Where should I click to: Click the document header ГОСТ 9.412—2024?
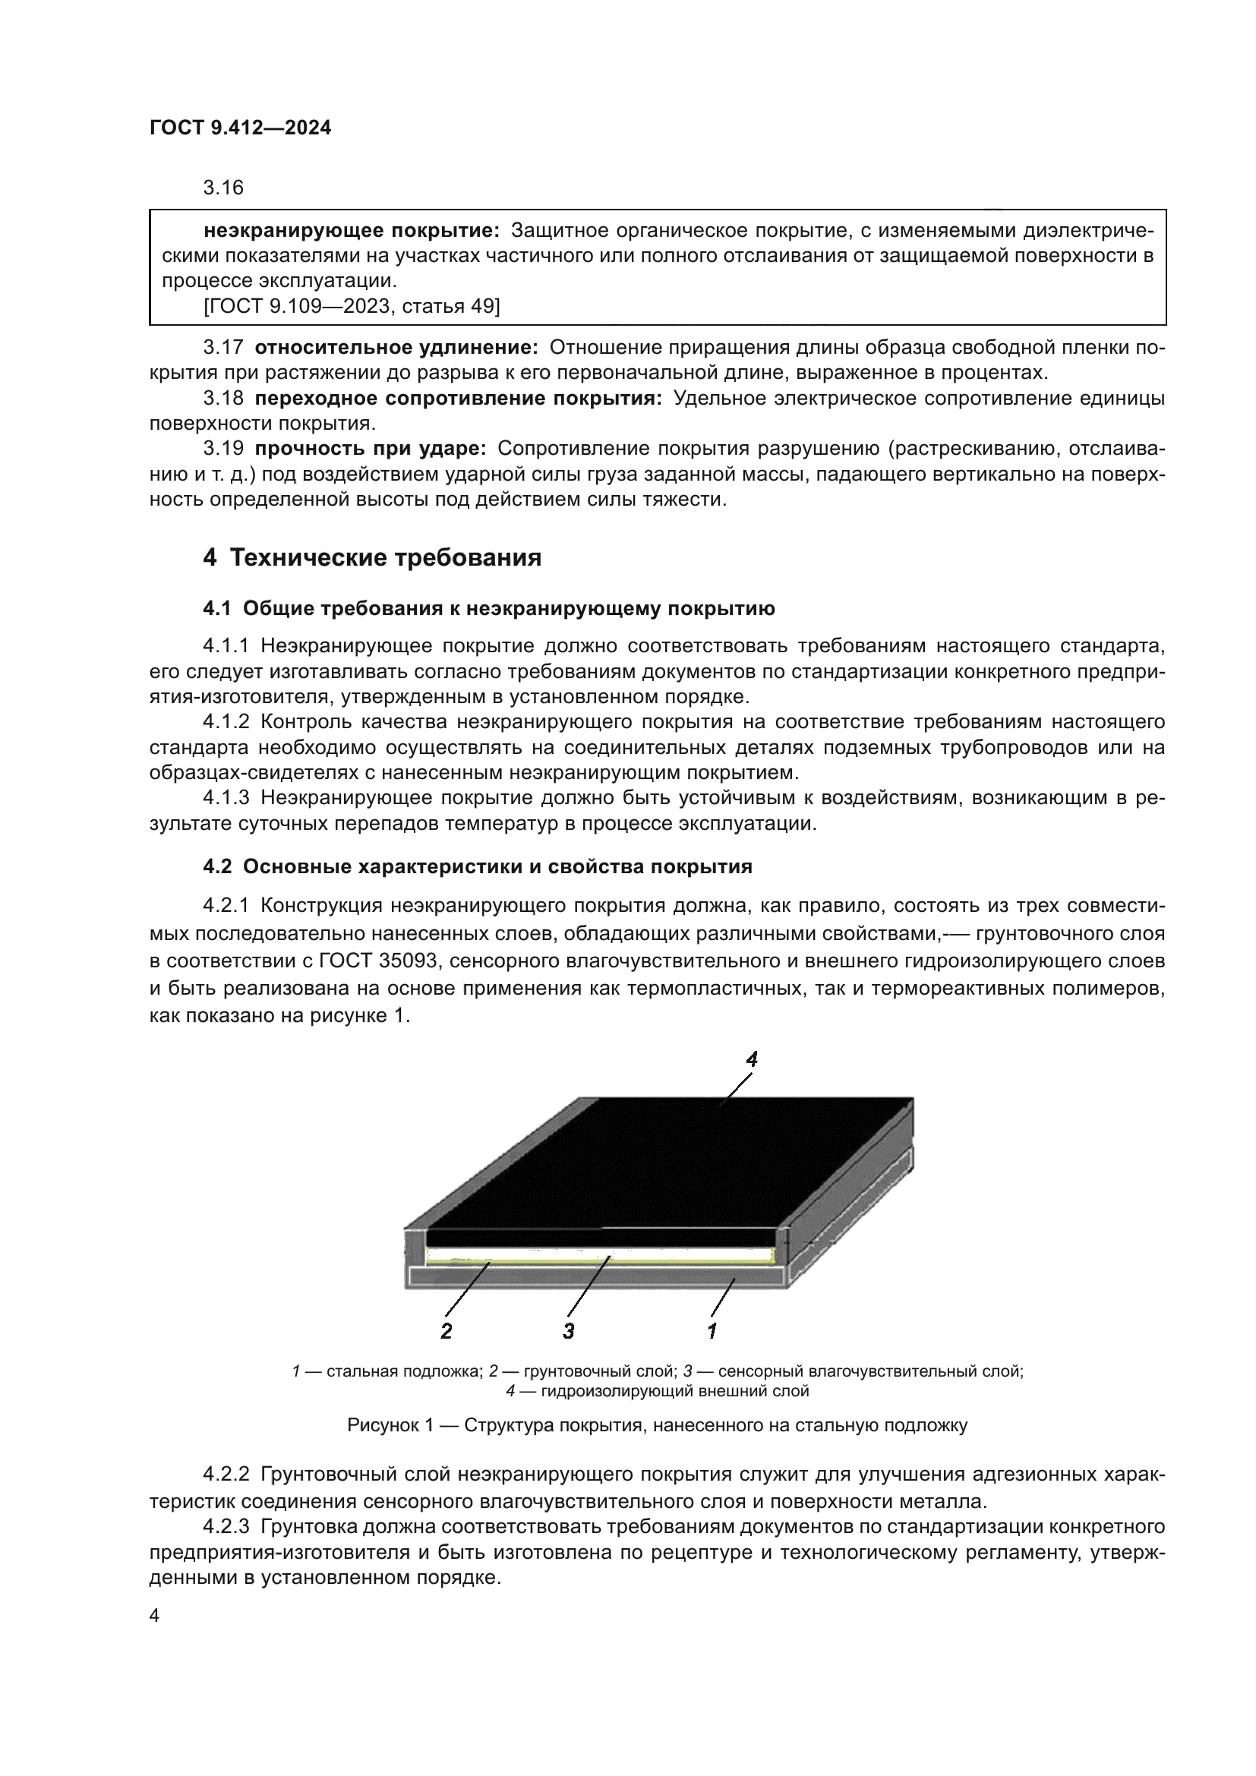(240, 128)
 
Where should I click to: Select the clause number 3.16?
(222, 188)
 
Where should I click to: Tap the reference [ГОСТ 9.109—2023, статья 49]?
(352, 307)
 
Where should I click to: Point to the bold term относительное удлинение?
(396, 347)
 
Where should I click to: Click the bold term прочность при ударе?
(370, 449)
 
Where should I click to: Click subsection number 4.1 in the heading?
(216, 609)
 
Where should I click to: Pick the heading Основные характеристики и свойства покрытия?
(497, 866)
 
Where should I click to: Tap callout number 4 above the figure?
(751, 1059)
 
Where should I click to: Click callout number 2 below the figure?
(447, 1330)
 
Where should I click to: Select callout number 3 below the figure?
(569, 1330)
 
